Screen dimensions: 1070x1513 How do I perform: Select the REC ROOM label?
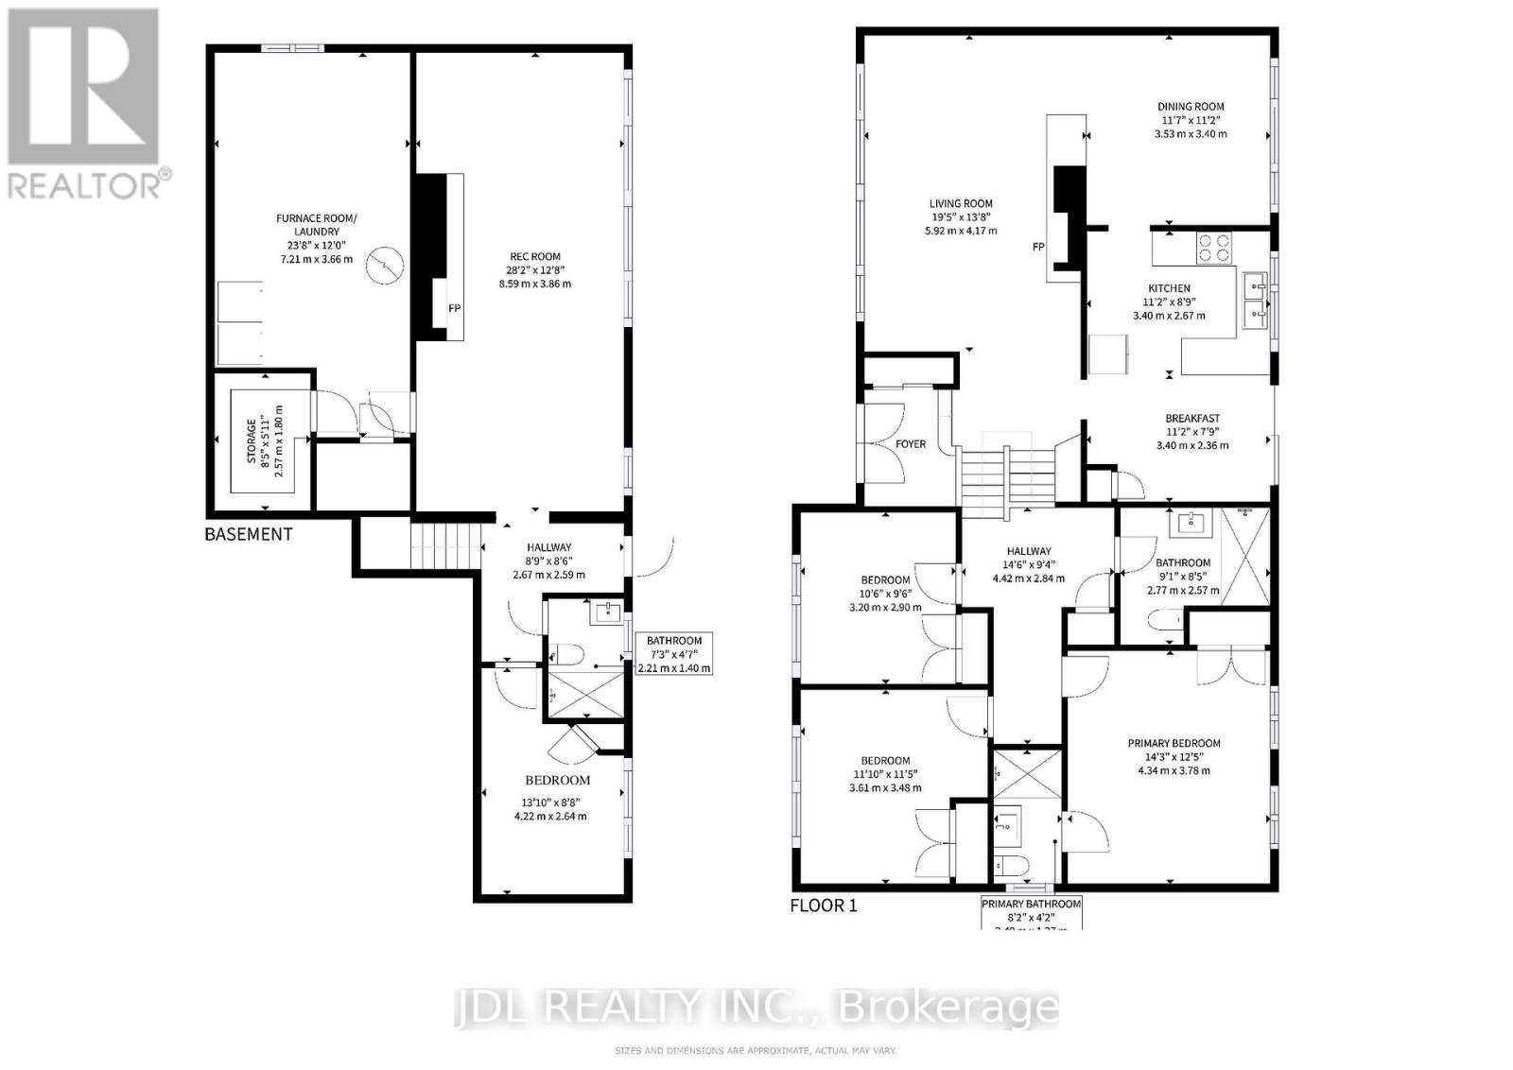point(535,269)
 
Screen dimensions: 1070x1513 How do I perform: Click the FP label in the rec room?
point(454,308)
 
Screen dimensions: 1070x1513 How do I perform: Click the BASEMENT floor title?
point(249,534)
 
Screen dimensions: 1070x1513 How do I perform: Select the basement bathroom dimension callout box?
point(674,654)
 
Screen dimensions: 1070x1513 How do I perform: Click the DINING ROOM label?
point(1191,120)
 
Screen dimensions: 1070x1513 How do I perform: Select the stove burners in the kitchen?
point(1214,248)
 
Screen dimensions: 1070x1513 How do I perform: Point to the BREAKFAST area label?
point(1191,431)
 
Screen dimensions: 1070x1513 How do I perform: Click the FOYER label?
point(911,444)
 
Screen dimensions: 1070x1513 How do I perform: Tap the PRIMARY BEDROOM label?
point(1174,756)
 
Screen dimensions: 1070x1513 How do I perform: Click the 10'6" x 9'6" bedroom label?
point(885,594)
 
